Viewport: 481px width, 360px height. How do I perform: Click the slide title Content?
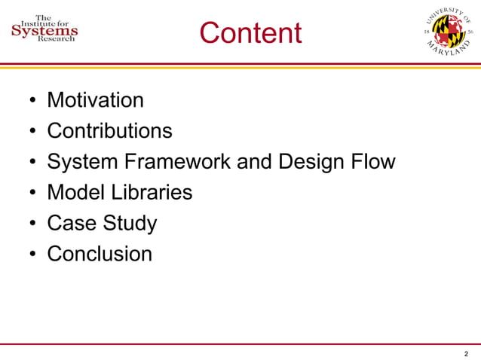[250, 33]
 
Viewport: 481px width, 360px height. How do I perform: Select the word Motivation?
[95, 100]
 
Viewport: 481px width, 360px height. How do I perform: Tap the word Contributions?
[109, 131]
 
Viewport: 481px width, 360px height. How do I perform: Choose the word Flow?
[373, 162]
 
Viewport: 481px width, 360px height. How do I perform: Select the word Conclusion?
[100, 254]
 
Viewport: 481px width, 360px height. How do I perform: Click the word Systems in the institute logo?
[44, 31]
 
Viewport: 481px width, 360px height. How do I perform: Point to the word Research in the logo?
[57, 41]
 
